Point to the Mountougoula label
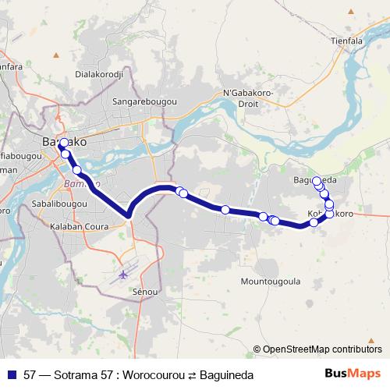[x=271, y=280]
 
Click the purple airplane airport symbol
[x=124, y=275]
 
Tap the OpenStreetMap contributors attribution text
[x=321, y=349]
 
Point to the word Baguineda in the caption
[x=226, y=375]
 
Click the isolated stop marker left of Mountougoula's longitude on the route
[x=225, y=209]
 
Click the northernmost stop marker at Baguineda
[x=317, y=181]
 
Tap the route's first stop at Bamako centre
[x=63, y=143]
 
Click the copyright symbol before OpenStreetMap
[x=257, y=349]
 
